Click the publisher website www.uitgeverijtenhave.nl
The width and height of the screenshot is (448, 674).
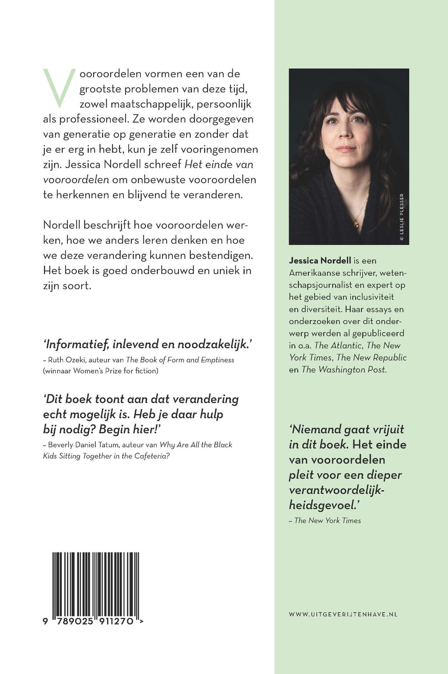[343, 614]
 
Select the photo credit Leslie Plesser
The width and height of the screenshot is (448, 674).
[402, 217]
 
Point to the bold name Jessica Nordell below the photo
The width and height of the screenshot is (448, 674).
[320, 260]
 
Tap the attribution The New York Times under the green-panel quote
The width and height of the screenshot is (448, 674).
[328, 520]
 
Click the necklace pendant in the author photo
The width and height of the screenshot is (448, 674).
[355, 224]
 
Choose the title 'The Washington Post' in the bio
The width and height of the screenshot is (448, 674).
[344, 369]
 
